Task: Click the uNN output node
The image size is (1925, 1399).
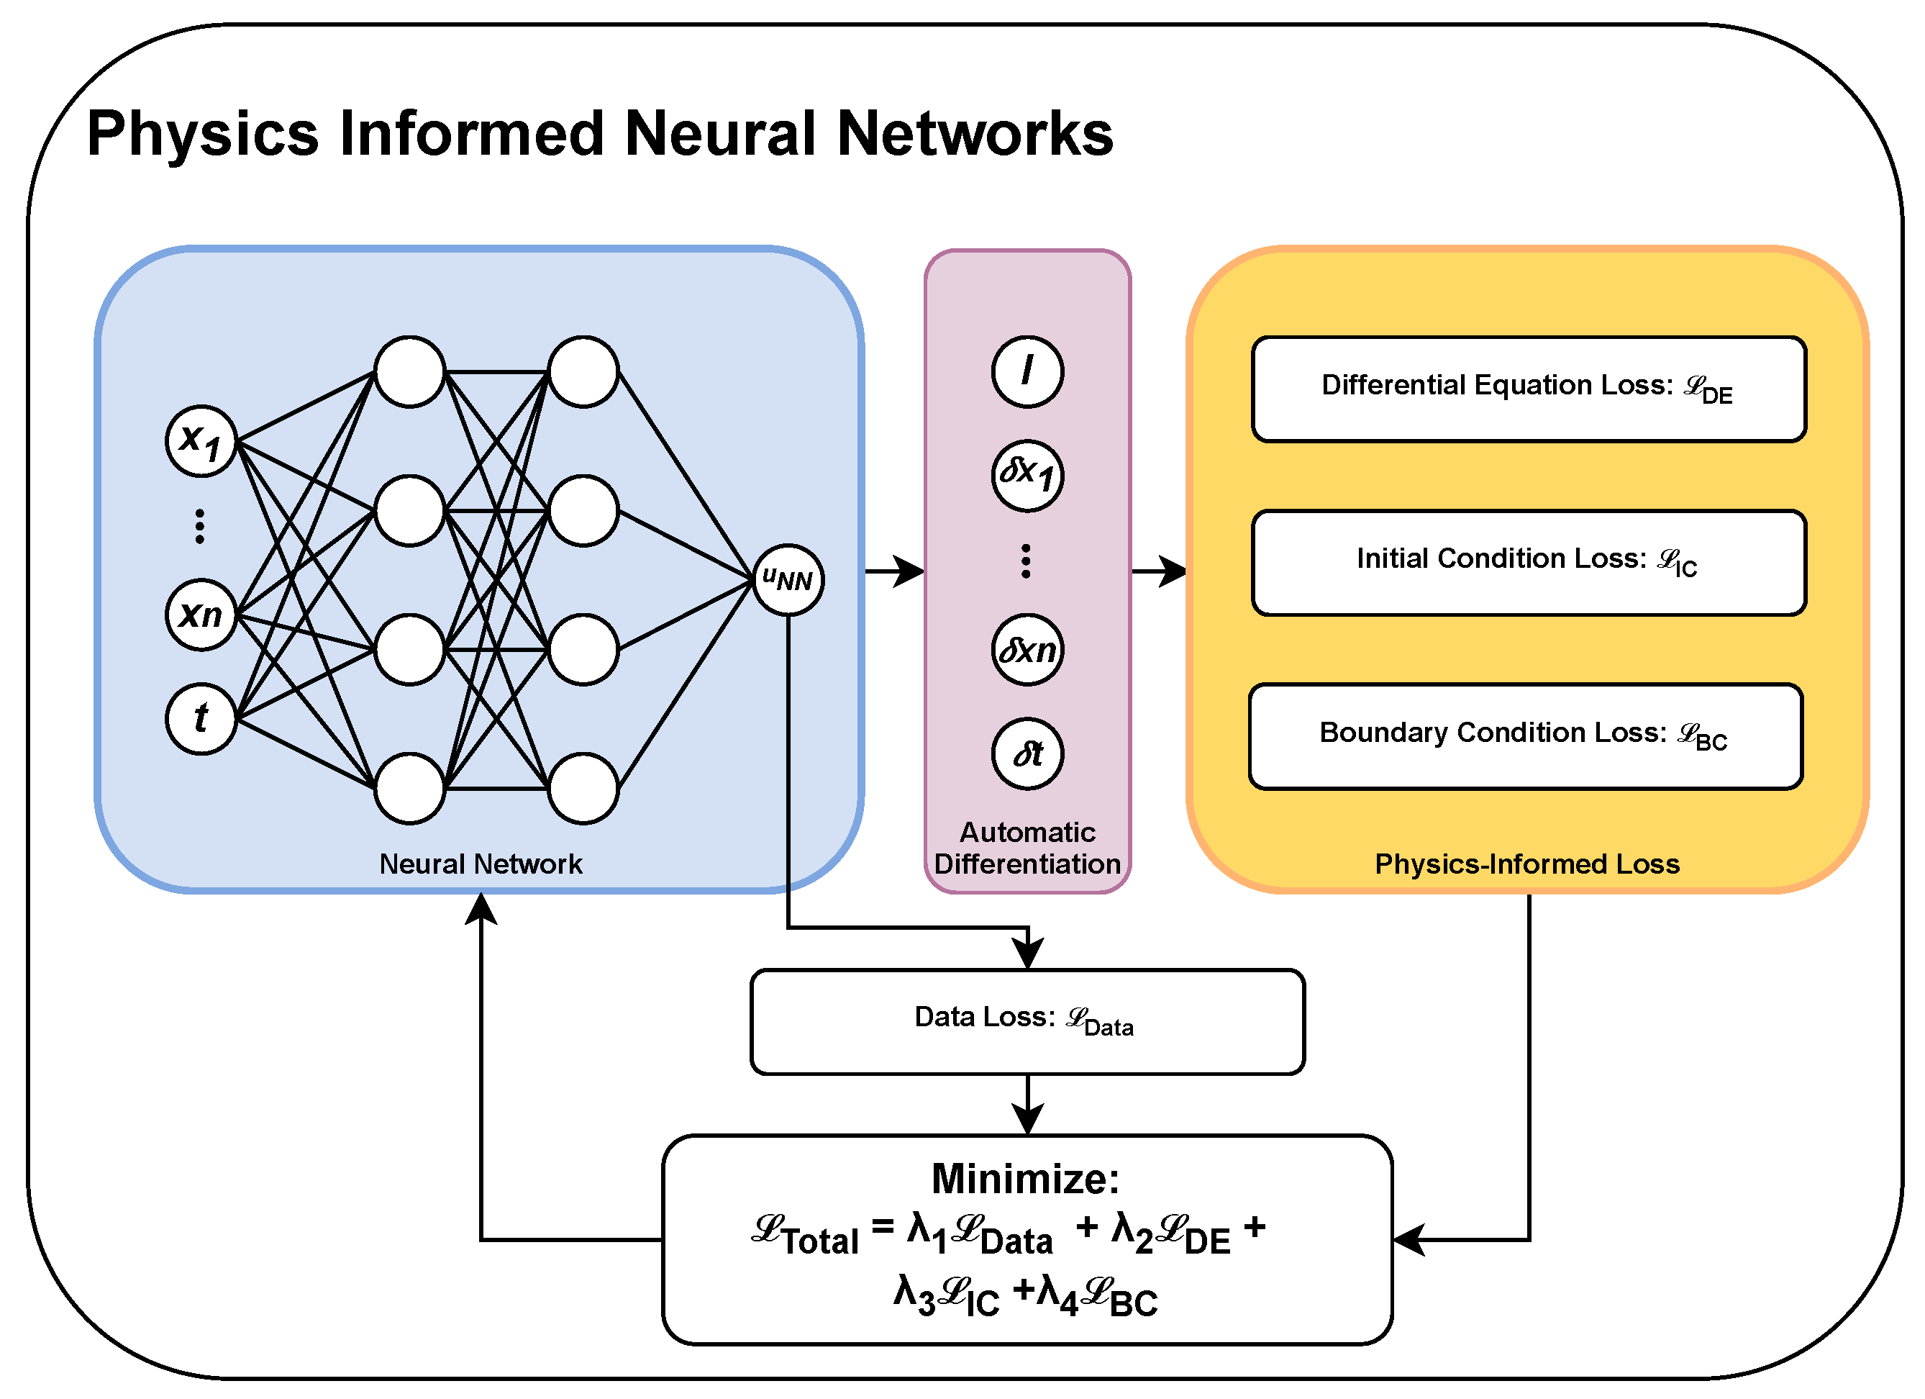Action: pyautogui.click(x=788, y=581)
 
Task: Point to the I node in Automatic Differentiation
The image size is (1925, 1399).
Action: pyautogui.click(x=1027, y=372)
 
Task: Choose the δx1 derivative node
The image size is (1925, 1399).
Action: pyautogui.click(x=1027, y=476)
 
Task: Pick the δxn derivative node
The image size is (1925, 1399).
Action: pyautogui.click(x=1027, y=651)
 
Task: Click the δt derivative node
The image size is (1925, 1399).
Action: pyautogui.click(x=1027, y=753)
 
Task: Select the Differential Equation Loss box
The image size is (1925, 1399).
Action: pyautogui.click(x=1529, y=389)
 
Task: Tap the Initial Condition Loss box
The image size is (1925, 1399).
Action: pyautogui.click(x=1529, y=563)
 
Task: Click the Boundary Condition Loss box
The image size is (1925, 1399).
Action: pyautogui.click(x=1525, y=737)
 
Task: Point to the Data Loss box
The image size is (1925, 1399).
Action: pyautogui.click(x=1027, y=1022)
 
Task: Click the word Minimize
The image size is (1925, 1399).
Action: pyautogui.click(x=1024, y=1179)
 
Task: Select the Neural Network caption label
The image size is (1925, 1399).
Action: pyautogui.click(x=481, y=864)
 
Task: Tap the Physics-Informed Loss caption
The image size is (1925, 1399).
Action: pyautogui.click(x=1527, y=864)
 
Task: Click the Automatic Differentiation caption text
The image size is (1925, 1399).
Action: pyautogui.click(x=1027, y=848)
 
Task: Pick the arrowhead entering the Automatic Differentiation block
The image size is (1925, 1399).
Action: pyautogui.click(x=910, y=571)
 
